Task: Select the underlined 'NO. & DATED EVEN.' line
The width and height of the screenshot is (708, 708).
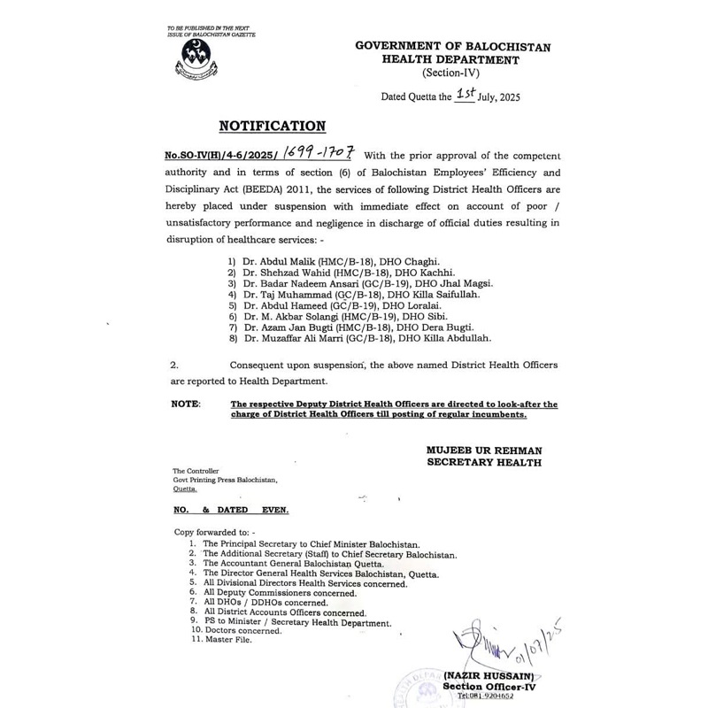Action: pos(230,511)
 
